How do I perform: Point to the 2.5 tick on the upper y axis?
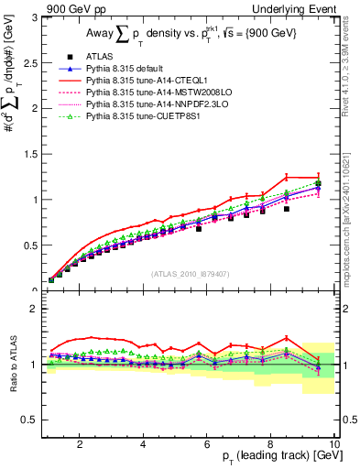coord(31,62)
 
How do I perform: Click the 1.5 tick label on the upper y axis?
coord(31,154)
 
